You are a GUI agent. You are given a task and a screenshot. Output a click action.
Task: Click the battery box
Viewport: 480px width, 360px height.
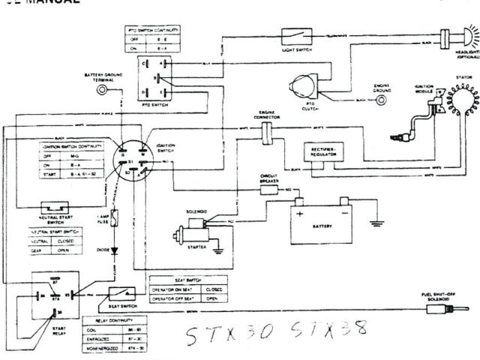pyautogui.click(x=324, y=219)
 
